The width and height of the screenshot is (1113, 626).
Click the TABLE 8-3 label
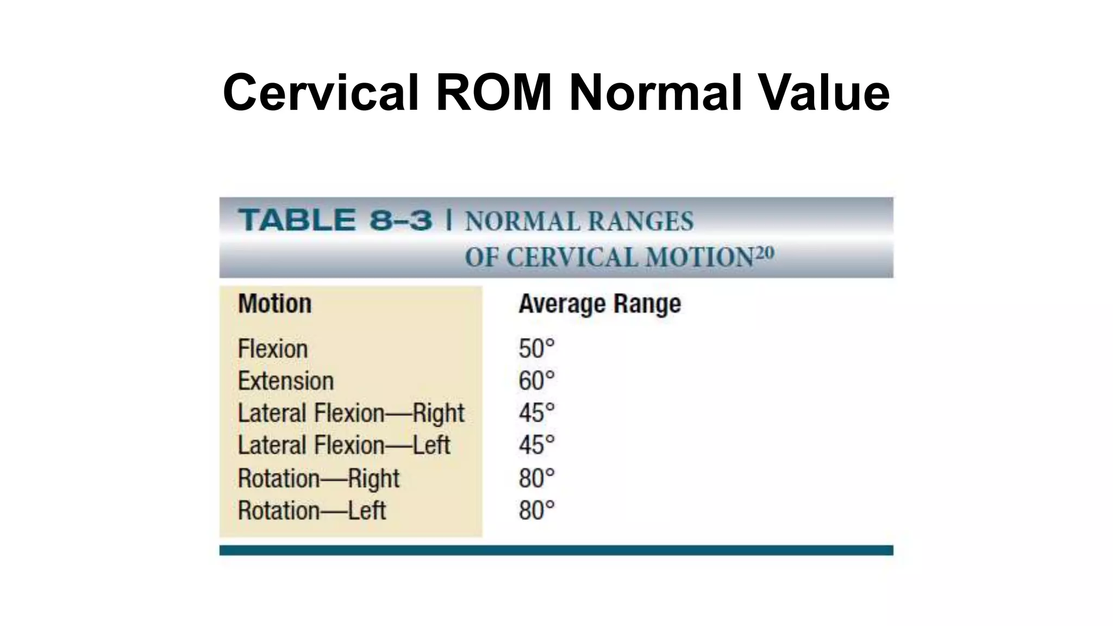coord(335,221)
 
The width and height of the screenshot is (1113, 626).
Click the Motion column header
coord(275,304)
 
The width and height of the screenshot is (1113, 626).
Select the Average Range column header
coord(599,304)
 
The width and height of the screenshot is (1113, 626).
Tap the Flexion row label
coord(273,348)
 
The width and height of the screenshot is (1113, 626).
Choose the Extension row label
coord(286,381)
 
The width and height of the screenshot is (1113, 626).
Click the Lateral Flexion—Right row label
coord(351,413)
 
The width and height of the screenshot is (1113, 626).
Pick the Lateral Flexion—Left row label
coord(344,446)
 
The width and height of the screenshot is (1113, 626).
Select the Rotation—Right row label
coord(318,479)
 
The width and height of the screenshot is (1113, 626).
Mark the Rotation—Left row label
coord(312,511)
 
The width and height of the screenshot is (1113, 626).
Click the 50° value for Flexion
coord(536,348)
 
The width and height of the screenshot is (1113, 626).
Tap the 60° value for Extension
coord(536,381)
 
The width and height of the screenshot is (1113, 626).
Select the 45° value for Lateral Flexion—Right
coord(536,413)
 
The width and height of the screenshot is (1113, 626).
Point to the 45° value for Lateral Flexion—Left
coord(536,446)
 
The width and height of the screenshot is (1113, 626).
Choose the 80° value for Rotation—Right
coord(536,479)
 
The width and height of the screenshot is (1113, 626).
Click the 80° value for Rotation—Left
coord(536,511)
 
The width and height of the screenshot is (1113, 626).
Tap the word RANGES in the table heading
coord(641,222)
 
